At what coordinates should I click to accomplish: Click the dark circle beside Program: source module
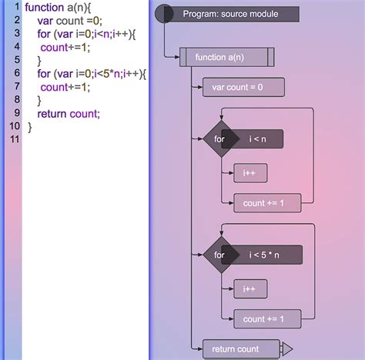pos(163,14)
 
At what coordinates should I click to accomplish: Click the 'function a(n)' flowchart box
pos(226,57)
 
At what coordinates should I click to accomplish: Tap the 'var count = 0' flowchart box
pos(237,87)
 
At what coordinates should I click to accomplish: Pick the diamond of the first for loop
pos(219,138)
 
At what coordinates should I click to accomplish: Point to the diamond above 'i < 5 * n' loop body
pos(219,255)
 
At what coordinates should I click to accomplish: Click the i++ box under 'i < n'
pos(249,174)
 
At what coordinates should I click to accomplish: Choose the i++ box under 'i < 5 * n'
pos(249,289)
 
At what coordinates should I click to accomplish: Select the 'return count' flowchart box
pos(239,349)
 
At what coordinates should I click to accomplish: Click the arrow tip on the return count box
pos(287,349)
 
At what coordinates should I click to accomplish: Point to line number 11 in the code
pos(13,138)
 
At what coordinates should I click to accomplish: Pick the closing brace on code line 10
pos(31,127)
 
